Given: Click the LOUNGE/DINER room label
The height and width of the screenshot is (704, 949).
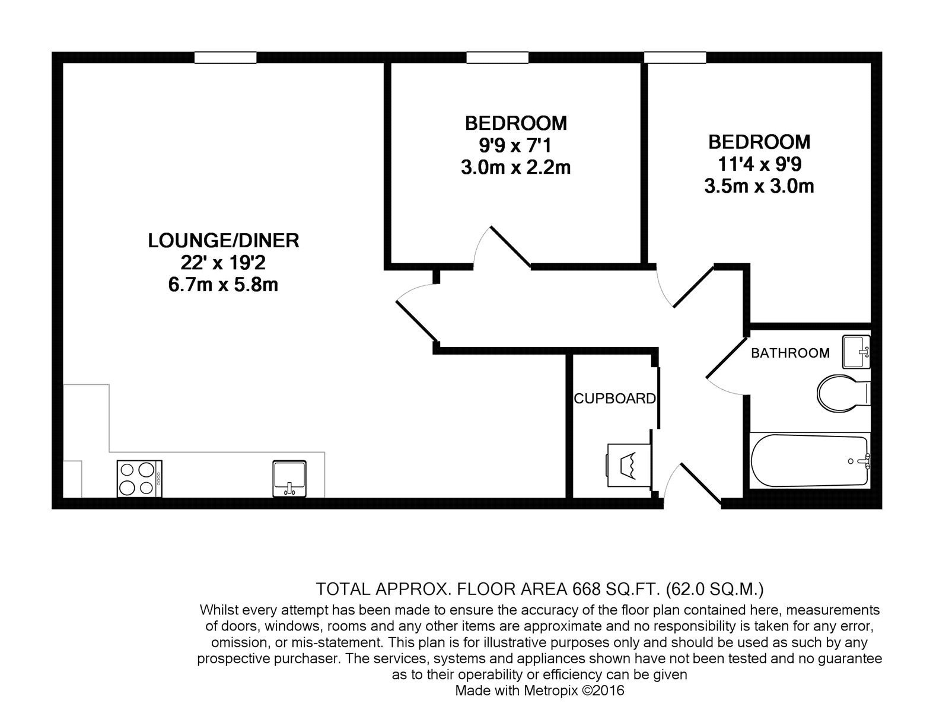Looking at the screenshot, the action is coord(224,241).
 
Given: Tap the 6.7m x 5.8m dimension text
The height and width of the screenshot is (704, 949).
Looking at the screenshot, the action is coord(223,285).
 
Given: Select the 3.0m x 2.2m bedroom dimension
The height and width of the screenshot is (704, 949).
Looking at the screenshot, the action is coord(515,167).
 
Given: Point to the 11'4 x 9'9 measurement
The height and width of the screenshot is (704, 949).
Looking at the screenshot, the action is coord(759,164).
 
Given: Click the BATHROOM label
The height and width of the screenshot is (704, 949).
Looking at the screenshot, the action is coord(790,353).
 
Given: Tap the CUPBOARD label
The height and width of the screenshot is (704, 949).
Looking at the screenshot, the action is coord(614,399).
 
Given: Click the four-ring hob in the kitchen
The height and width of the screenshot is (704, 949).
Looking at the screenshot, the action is coord(139,479).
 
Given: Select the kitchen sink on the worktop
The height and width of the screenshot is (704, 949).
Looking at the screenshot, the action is coord(289,479).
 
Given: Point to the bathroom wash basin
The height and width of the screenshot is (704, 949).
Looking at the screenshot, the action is coord(856,352).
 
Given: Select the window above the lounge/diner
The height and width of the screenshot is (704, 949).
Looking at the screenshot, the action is coord(225,58).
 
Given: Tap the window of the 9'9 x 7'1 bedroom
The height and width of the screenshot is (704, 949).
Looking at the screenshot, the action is coord(497,58).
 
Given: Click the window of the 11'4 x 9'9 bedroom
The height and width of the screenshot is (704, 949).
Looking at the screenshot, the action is coord(675,58).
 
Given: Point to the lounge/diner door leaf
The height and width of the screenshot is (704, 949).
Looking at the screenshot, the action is coord(417,322).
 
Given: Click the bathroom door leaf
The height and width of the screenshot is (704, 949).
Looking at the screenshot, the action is coord(725,358).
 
